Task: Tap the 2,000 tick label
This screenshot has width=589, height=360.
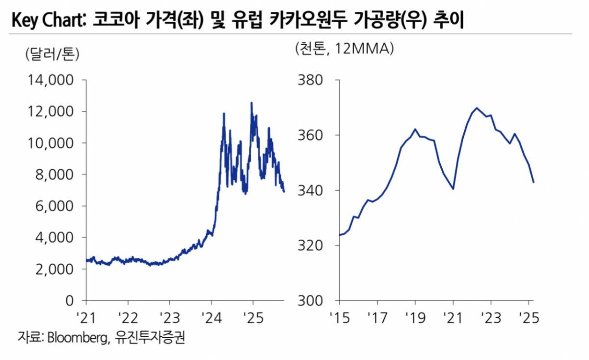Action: (55, 269)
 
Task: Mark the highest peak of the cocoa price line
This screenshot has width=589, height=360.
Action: (251, 103)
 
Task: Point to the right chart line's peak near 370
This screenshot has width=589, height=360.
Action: (477, 108)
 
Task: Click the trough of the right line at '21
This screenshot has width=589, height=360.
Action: (453, 189)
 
